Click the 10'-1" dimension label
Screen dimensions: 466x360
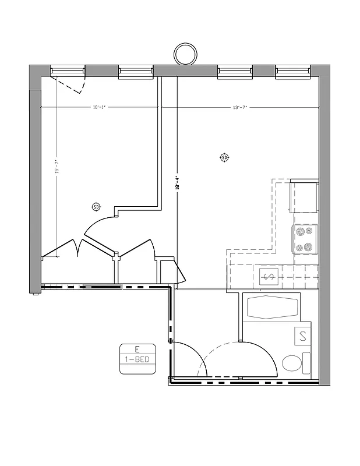[x=98, y=107]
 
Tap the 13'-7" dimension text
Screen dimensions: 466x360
[x=240, y=107]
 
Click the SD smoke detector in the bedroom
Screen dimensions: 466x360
[x=96, y=207]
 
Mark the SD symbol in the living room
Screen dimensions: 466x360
[x=224, y=157]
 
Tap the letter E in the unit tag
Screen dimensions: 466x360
[x=136, y=349]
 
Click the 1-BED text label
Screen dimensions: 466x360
[x=136, y=359]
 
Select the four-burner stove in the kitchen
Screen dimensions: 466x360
[x=305, y=239]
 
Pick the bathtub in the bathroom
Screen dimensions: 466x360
[x=271, y=307]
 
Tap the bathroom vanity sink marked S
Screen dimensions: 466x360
[x=303, y=336]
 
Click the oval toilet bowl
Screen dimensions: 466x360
[x=292, y=364]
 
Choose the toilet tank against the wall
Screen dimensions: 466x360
[x=309, y=364]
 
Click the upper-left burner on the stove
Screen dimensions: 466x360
[x=300, y=231]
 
